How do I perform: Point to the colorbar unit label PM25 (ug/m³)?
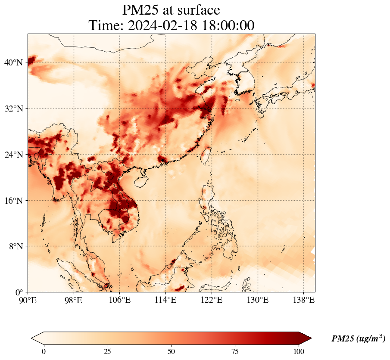pyautogui.click(x=358, y=339)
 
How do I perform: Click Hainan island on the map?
pyautogui.click(x=140, y=180)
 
